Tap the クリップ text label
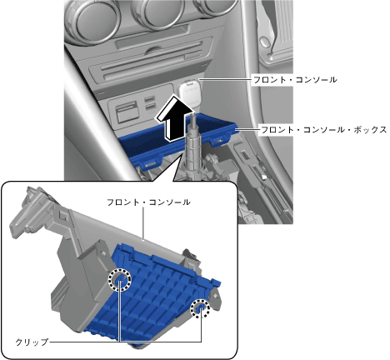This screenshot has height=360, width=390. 32,342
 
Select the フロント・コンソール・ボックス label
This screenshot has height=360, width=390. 323,130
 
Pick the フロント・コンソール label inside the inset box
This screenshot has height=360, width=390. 148,202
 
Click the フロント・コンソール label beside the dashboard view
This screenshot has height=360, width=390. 295,80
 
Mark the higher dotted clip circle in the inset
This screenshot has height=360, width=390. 119,280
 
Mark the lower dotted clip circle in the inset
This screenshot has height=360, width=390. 200,308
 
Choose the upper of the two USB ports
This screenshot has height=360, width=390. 150,99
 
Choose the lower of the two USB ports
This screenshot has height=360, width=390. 150,107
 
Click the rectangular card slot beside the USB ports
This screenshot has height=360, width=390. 127,112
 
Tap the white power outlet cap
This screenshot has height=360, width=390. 190,93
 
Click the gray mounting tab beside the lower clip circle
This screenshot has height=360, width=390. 216,297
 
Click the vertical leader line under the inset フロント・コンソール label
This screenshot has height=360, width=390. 143,223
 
